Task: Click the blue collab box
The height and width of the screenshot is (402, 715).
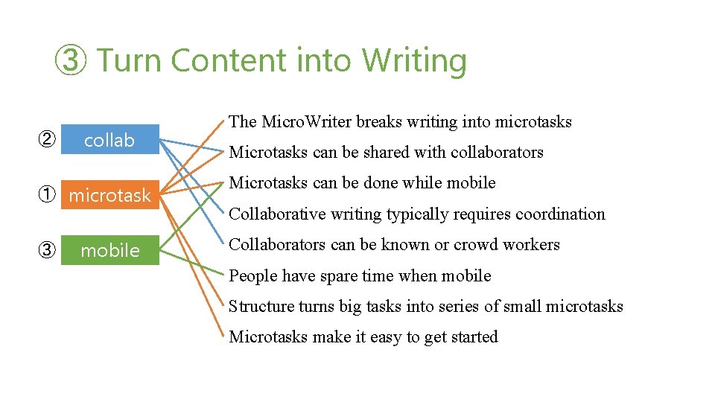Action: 109,140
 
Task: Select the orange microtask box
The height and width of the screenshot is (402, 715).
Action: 109,195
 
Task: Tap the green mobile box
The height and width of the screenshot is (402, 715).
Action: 109,250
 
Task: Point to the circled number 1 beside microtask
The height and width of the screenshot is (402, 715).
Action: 46,195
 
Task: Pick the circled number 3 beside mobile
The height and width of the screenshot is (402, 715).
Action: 46,250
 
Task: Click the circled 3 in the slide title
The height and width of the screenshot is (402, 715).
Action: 71,61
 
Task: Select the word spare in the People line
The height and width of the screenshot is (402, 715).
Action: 338,276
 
